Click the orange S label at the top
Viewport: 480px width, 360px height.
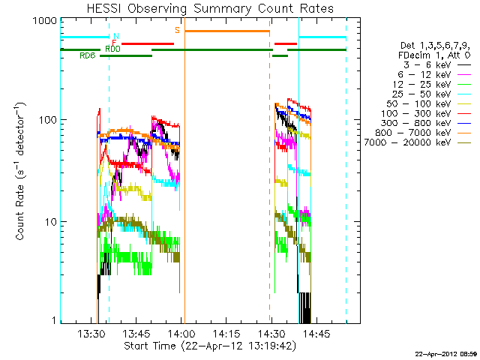177,30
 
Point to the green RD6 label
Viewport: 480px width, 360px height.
87,55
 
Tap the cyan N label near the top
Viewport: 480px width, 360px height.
115,36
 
